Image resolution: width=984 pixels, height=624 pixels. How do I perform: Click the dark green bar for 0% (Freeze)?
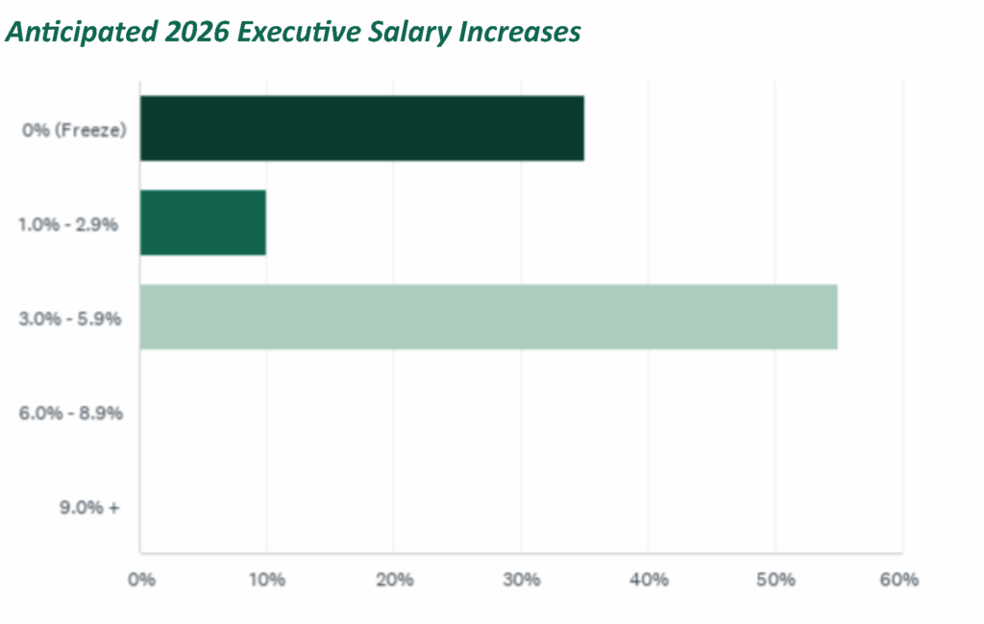(x=361, y=128)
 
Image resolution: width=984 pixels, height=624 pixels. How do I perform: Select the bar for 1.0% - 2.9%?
(x=203, y=223)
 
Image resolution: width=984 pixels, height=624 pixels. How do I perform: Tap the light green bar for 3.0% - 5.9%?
(x=488, y=316)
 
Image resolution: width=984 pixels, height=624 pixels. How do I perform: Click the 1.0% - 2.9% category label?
(x=68, y=224)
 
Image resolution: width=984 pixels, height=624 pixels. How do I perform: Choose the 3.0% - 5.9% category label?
(x=69, y=318)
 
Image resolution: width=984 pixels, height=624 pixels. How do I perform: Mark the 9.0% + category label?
(x=87, y=507)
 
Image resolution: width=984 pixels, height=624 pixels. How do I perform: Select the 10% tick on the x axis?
(x=266, y=580)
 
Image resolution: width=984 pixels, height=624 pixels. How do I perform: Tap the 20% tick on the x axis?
(x=394, y=580)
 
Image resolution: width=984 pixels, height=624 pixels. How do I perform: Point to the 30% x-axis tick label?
(x=521, y=580)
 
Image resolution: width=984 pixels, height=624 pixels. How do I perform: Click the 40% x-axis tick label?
(x=648, y=580)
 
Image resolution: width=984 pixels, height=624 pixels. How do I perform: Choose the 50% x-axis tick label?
(x=775, y=580)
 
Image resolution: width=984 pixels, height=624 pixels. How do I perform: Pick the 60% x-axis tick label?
(x=900, y=580)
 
